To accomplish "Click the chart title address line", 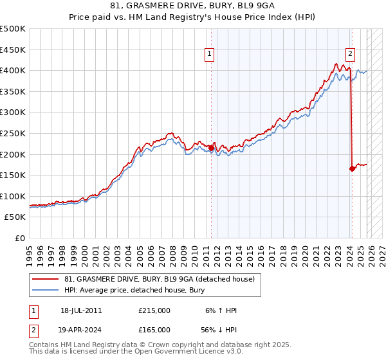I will tap(192, 7).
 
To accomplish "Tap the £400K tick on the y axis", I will tap(13, 70).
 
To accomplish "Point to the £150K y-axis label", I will tap(13, 175).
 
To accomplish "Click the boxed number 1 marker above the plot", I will tap(210, 55).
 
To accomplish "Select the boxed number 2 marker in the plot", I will tap(351, 55).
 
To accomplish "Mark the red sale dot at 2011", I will tap(211, 148).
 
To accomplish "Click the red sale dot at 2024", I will tap(352, 169).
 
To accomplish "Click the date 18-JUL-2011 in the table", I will tap(81, 310).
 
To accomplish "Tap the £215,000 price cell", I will tap(154, 310).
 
